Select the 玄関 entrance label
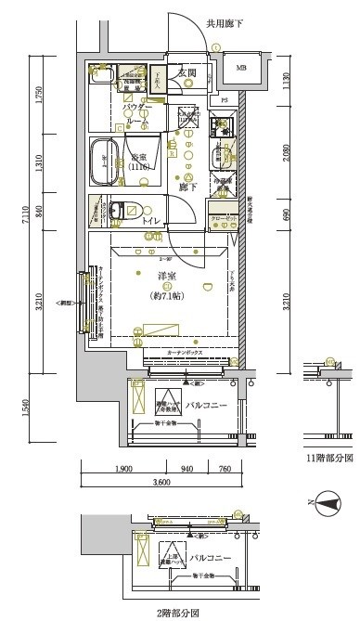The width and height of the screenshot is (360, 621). tap(186, 72)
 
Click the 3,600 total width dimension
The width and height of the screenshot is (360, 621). tap(162, 481)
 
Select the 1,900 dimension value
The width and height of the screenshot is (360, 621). tap(124, 469)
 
